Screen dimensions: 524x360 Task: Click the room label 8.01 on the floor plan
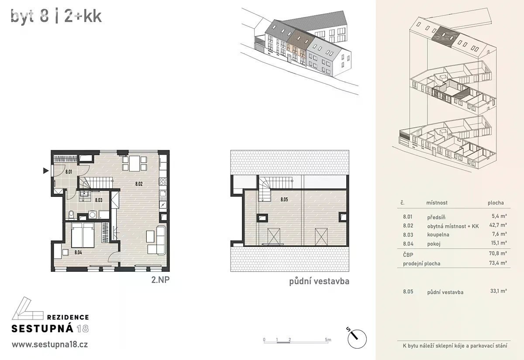point(69,172)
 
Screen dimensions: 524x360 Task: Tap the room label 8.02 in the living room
point(139,184)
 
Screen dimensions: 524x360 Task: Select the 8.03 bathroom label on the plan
point(99,200)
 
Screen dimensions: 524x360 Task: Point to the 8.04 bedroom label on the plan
point(78,253)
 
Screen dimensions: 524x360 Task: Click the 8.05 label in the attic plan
point(284,199)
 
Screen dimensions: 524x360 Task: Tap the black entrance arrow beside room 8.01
point(46,171)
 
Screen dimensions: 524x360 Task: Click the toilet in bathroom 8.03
point(71,214)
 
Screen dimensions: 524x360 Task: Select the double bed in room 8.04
point(83,235)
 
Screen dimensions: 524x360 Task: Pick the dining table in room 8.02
point(134,163)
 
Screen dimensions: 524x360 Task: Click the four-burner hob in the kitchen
point(163,182)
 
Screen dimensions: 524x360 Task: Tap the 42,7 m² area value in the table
point(498,225)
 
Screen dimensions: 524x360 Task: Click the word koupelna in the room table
point(438,235)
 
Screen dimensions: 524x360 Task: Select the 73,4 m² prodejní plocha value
point(498,263)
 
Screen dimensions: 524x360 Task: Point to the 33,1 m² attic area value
point(499,291)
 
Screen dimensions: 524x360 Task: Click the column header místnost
point(437,202)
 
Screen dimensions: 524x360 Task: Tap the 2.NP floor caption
point(160,280)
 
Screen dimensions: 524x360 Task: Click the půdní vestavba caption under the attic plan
point(319,281)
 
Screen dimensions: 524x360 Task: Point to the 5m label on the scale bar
point(328,339)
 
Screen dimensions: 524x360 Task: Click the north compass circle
point(357,339)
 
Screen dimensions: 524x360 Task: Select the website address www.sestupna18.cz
point(50,345)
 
